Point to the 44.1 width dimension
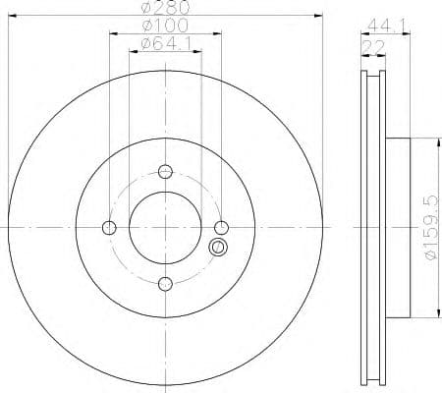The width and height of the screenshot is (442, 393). pos(384,26)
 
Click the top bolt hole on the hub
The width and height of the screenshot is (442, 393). pos(165,170)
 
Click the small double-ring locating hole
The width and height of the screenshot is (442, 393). pos(218,248)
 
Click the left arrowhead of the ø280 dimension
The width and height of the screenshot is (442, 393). pos(10,15)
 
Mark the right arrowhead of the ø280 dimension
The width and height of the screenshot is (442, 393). pos(320,15)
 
